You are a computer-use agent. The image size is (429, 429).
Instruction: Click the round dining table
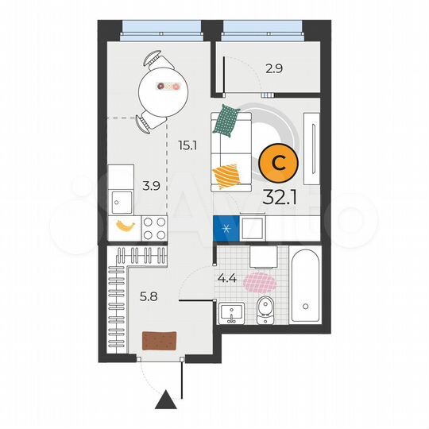(162, 87)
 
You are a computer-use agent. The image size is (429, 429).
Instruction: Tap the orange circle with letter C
(279, 163)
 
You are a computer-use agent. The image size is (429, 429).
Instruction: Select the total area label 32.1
(279, 195)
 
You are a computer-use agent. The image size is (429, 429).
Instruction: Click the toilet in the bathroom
(267, 311)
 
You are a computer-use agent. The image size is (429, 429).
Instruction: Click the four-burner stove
(155, 229)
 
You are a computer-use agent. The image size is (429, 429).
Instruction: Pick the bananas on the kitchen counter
(125, 226)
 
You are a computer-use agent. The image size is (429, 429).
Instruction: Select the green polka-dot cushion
(229, 119)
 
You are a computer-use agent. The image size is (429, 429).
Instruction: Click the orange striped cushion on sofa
(226, 173)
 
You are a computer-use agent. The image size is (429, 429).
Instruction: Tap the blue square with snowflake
(226, 229)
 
